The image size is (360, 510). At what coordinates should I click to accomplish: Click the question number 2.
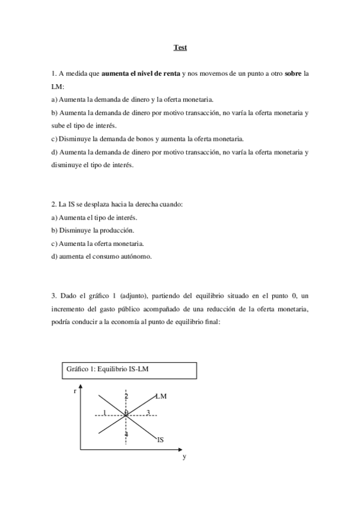pyautogui.click(x=53, y=204)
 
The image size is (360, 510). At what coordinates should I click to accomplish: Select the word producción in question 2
pyautogui.click(x=118, y=231)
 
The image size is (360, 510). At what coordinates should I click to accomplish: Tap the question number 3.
pyautogui.click(x=53, y=296)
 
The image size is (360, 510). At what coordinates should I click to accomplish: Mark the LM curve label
pyautogui.click(x=160, y=396)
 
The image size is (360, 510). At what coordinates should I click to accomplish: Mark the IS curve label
pyautogui.click(x=160, y=440)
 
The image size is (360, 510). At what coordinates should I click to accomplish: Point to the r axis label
pyautogui.click(x=75, y=391)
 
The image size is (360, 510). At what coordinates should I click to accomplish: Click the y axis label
pyautogui.click(x=185, y=456)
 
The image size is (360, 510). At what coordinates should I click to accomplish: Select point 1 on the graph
pyautogui.click(x=104, y=412)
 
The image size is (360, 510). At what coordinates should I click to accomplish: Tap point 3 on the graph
pyautogui.click(x=148, y=412)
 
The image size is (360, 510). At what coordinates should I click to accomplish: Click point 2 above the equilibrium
pyautogui.click(x=126, y=396)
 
